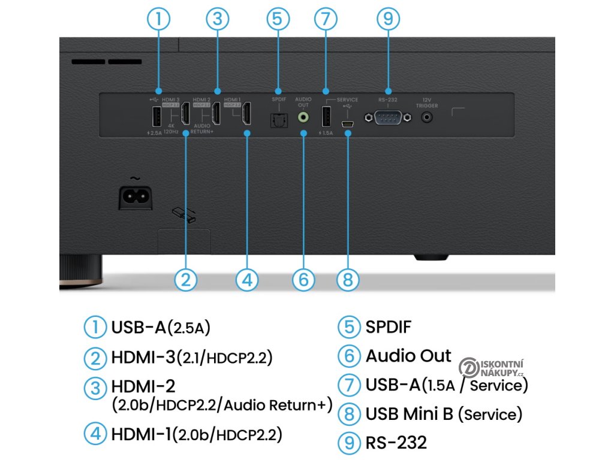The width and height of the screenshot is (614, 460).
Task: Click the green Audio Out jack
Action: tap(303, 117)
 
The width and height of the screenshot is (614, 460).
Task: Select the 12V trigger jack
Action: tap(427, 117)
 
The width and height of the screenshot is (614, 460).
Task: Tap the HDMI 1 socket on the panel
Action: tap(246, 116)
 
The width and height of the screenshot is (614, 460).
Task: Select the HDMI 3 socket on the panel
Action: tap(185, 116)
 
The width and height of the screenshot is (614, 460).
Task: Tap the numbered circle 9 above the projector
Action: tap(388, 18)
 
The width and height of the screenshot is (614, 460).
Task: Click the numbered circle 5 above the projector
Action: tap(276, 18)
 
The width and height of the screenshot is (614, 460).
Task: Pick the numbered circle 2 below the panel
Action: tap(186, 279)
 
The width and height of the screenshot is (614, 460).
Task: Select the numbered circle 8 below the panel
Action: tap(348, 279)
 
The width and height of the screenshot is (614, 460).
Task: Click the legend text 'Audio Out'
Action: tap(408, 356)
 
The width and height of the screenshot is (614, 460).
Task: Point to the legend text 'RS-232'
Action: tap(396, 443)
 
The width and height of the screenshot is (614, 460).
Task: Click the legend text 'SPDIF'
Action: tap(388, 327)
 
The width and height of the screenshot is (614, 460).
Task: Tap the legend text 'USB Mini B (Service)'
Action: tap(444, 414)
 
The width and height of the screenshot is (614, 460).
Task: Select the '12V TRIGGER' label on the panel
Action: tap(427, 102)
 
